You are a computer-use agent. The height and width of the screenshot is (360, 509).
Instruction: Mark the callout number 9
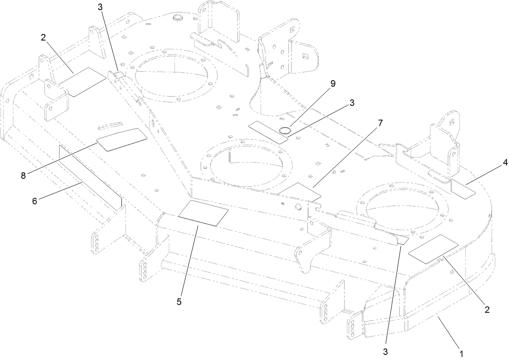pos(333,84)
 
